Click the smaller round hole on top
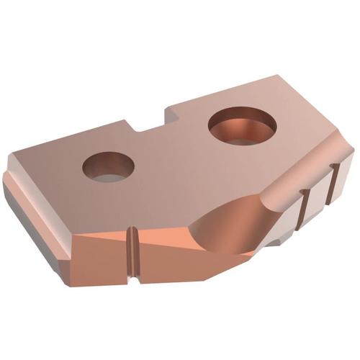[x=109, y=166]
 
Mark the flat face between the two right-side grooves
[x=318, y=196]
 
